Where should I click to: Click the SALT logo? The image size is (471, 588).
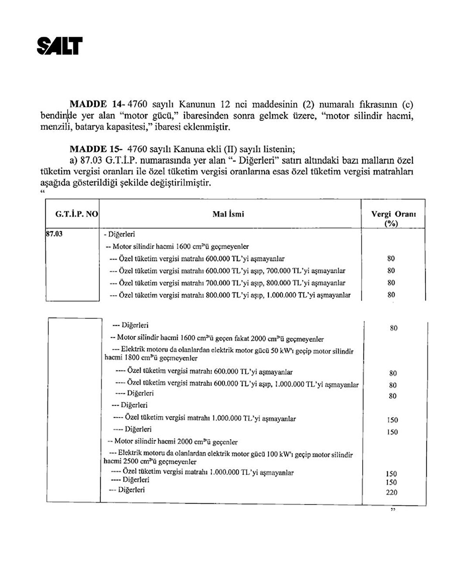[x=60, y=45]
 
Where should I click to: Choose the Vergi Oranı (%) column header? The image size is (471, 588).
[x=393, y=218]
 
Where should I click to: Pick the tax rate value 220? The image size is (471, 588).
[x=391, y=492]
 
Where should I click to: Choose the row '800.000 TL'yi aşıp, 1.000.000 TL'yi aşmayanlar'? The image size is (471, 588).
[x=230, y=295]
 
